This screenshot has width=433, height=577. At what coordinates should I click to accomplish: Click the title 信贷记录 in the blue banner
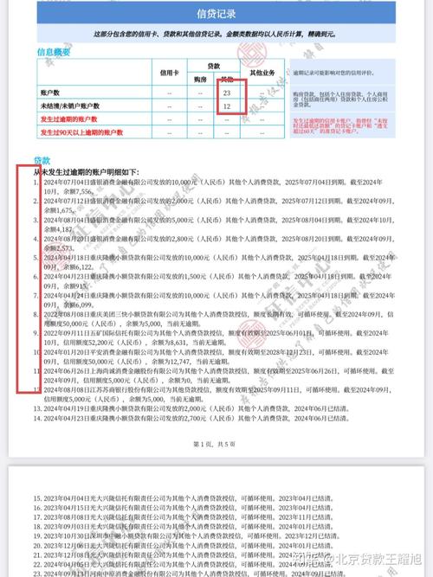(216, 14)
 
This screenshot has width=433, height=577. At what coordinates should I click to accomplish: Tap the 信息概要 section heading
(52, 52)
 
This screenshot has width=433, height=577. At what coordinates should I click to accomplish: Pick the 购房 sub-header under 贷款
(200, 78)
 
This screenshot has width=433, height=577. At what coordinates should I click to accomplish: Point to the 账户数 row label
(51, 92)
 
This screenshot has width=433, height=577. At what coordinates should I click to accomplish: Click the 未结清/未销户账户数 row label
(72, 106)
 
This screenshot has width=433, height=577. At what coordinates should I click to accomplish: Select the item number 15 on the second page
(37, 499)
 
